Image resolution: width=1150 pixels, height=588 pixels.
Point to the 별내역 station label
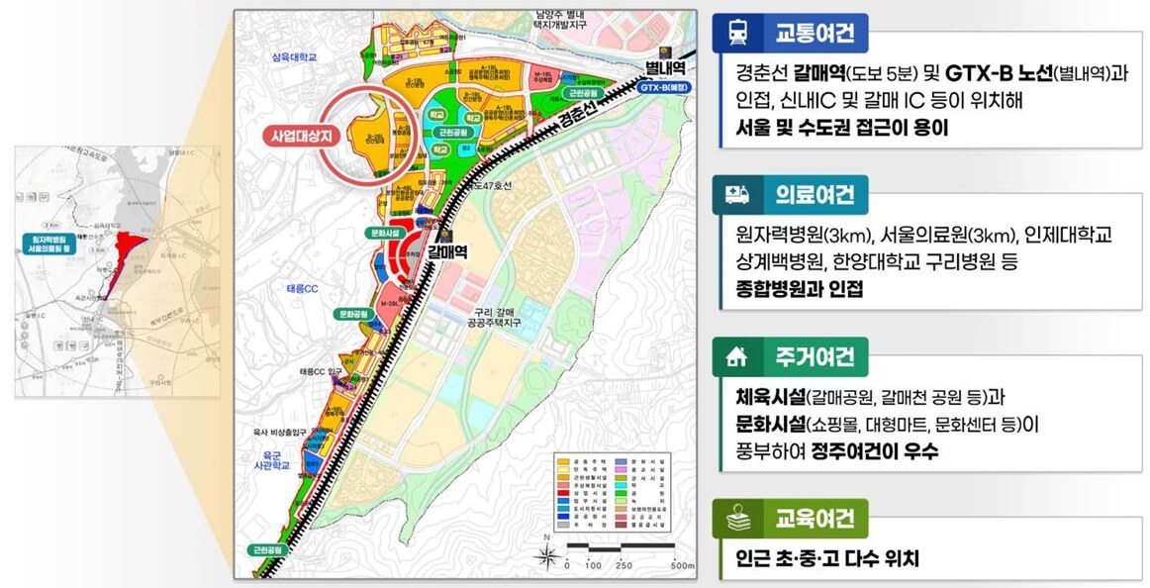pyautogui.click(x=665, y=67)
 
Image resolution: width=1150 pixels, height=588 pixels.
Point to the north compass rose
pyautogui.click(x=546, y=554)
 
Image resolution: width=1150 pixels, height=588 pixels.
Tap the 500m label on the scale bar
pyautogui.click(x=682, y=566)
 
